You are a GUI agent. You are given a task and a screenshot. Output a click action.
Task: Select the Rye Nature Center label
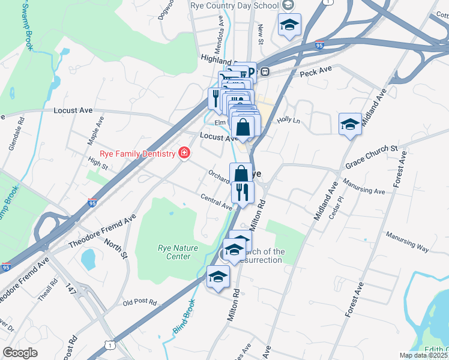point(174,252)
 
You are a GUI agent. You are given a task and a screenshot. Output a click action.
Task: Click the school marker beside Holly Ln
point(350,124)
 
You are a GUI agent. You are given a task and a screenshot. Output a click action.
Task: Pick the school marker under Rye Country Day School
point(289,25)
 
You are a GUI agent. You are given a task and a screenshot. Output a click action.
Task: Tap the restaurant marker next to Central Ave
point(243,192)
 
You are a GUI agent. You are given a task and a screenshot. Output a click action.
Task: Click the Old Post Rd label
point(139,302)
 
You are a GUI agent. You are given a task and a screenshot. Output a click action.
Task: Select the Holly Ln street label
point(288,120)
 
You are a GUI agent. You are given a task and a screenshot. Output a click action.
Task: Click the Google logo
point(20,353)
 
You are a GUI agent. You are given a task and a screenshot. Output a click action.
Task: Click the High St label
point(97,162)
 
